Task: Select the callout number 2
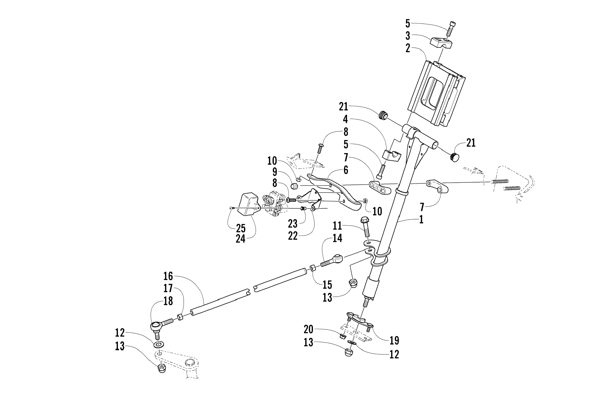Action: pyautogui.click(x=408, y=48)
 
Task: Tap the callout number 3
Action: pyautogui.click(x=408, y=36)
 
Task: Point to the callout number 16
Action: pyautogui.click(x=168, y=276)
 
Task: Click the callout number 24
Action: pyautogui.click(x=240, y=239)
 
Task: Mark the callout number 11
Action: pyautogui.click(x=337, y=226)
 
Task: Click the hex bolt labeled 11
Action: pyautogui.click(x=366, y=227)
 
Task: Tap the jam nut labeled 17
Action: pyautogui.click(x=181, y=317)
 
